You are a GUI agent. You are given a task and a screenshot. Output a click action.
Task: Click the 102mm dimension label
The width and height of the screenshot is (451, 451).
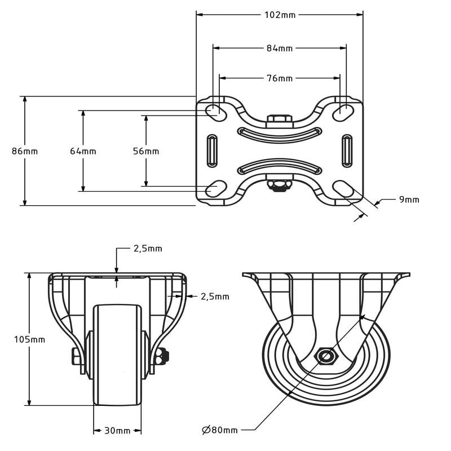pyautogui.click(x=280, y=15)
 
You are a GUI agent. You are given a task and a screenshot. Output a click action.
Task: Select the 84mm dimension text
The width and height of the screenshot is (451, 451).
pyautogui.click(x=280, y=48)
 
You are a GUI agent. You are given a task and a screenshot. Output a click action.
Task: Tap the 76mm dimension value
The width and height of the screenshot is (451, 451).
pyautogui.click(x=280, y=78)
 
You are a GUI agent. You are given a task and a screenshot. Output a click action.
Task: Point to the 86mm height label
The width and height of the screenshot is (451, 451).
pyautogui.click(x=25, y=151)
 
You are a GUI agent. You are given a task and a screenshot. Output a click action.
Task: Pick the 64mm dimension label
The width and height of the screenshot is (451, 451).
pyautogui.click(x=83, y=151)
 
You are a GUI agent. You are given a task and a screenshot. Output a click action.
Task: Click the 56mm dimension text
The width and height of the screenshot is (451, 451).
pyautogui.click(x=146, y=151)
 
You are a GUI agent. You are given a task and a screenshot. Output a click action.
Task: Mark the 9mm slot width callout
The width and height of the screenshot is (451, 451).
pyautogui.click(x=409, y=200)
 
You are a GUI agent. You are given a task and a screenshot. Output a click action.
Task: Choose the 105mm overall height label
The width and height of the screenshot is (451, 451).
pyautogui.click(x=30, y=340)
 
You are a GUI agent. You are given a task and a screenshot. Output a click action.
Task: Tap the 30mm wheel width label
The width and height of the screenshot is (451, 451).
pyautogui.click(x=117, y=431)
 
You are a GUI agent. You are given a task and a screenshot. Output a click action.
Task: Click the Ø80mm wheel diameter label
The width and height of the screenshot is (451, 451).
pyautogui.click(x=220, y=430)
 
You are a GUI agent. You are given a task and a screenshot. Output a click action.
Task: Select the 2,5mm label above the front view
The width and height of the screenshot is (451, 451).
pyautogui.click(x=148, y=249)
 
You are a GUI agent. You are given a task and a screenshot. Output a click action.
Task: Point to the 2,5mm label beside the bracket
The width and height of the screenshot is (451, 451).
pyautogui.click(x=215, y=297)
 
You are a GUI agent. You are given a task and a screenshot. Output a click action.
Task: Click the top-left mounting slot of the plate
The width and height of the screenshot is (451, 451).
pyautogui.click(x=216, y=112)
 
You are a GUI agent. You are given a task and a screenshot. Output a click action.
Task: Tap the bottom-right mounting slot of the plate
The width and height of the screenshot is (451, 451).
pyautogui.click(x=343, y=189)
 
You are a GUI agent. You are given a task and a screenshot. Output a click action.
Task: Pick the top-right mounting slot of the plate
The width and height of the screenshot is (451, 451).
pyautogui.click(x=343, y=112)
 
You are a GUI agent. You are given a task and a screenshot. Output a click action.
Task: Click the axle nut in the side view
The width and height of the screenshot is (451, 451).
pyautogui.click(x=326, y=357)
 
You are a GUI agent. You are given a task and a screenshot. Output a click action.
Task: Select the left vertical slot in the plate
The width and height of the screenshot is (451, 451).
pyautogui.click(x=212, y=151)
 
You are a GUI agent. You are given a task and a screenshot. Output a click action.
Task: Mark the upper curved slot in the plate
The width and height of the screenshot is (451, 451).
pyautogui.click(x=279, y=134)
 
